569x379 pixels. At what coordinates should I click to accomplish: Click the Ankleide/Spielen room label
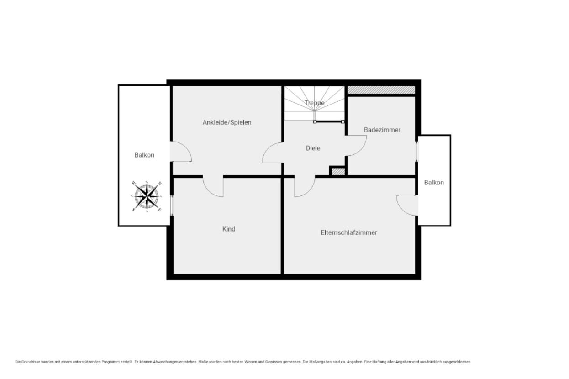[x=227, y=123]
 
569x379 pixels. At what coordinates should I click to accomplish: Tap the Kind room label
[x=229, y=229]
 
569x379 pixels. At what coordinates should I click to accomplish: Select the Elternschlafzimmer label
[x=349, y=233]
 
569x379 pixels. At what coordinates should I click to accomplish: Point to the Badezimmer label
[x=382, y=130]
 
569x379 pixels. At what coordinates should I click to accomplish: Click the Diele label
[x=313, y=148]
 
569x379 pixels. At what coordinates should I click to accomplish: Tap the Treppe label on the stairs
[x=315, y=103]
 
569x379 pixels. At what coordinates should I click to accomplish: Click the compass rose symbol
[x=147, y=196]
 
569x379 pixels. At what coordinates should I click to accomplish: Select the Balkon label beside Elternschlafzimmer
[x=434, y=183]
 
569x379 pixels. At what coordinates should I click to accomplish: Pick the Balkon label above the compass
[x=144, y=155]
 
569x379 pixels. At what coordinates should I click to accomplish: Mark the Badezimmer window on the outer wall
[x=416, y=152]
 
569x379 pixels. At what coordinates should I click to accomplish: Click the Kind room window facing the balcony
[x=172, y=205]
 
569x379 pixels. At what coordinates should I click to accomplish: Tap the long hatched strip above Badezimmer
[x=381, y=89]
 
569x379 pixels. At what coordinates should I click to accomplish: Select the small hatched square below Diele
[x=338, y=172]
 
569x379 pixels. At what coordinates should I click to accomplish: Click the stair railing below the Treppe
[x=329, y=122]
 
